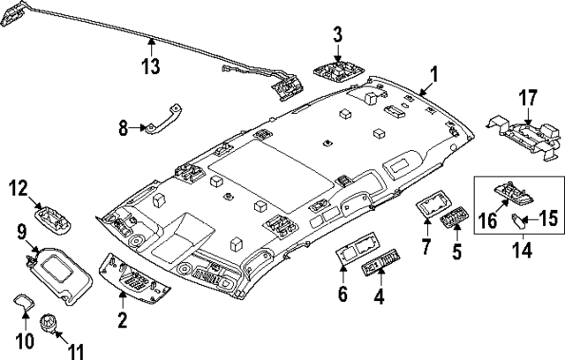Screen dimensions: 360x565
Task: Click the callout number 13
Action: click(x=153, y=66)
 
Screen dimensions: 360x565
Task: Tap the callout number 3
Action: click(x=336, y=35)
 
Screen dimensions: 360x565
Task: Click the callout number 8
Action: click(x=124, y=128)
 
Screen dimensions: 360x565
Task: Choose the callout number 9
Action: click(x=20, y=233)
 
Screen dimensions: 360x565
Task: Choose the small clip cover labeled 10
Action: click(x=25, y=302)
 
